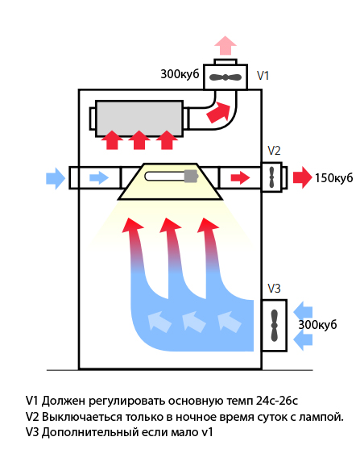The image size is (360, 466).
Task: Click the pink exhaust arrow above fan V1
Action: click(226, 45)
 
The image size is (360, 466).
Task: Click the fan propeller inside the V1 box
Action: click(226, 77)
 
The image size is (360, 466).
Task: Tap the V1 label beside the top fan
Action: click(263, 76)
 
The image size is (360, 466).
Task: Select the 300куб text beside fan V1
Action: click(180, 74)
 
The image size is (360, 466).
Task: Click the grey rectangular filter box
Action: click(139, 119)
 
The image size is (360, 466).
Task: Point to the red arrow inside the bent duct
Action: click(219, 112)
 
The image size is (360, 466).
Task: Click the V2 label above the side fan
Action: click(274, 151)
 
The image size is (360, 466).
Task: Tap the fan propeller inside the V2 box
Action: click(272, 177)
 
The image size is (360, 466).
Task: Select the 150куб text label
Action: click(334, 178)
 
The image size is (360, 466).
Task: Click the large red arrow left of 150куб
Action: click(303, 177)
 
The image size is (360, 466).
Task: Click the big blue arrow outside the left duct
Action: click(56, 178)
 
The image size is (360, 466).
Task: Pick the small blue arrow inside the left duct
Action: click(99, 178)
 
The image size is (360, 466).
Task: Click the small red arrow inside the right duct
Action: click(240, 178)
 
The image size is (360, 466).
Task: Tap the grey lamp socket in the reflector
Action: click(191, 177)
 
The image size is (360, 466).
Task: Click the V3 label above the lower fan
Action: click(274, 289)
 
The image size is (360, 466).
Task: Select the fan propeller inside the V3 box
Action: click(275, 326)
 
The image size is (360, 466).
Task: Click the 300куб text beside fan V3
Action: click(317, 325)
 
